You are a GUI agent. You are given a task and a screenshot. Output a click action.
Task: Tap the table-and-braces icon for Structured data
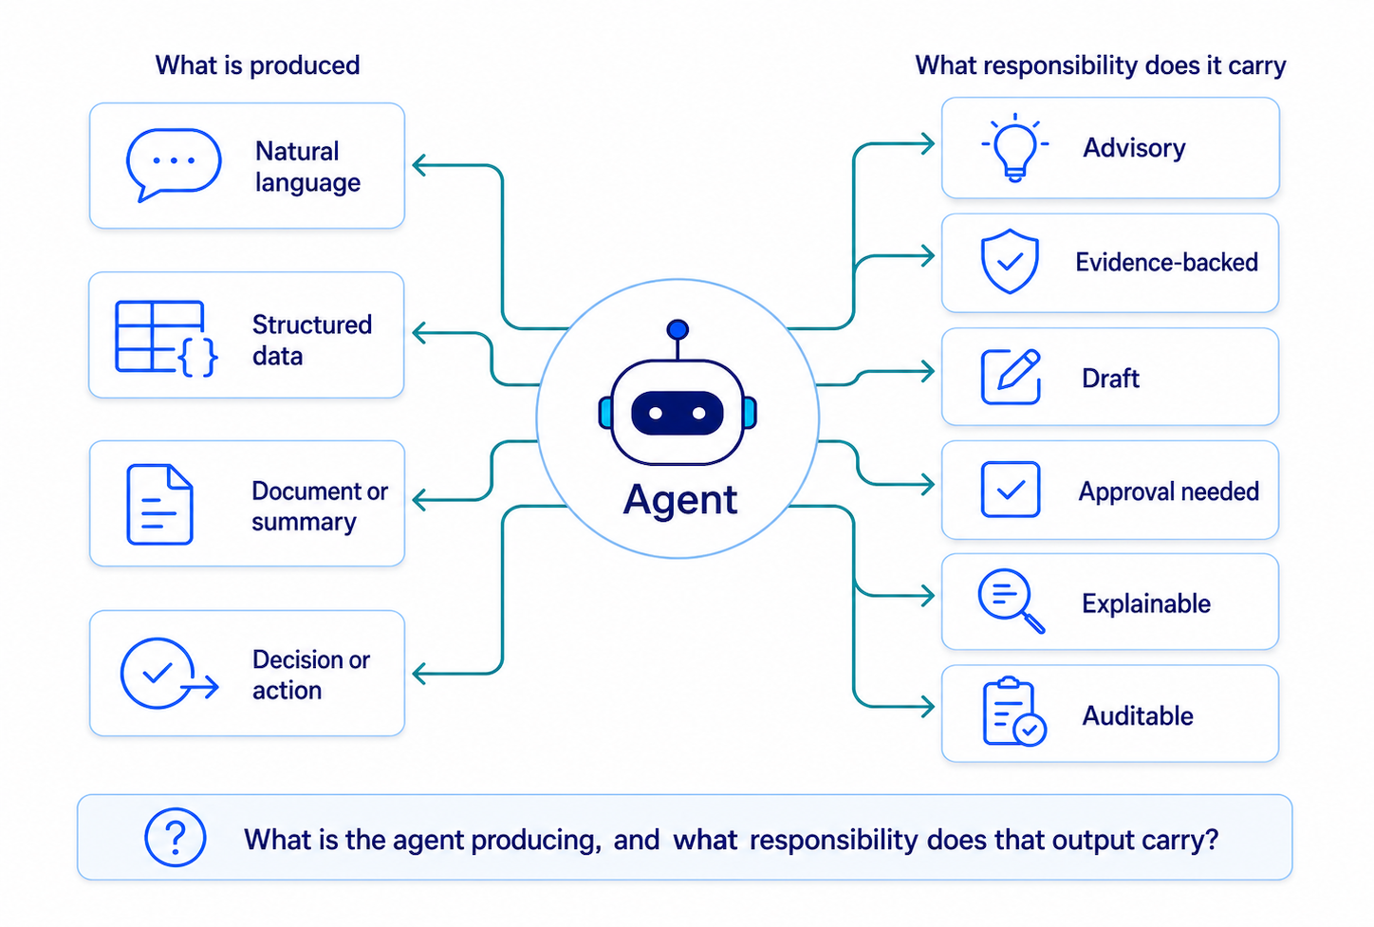click(x=165, y=338)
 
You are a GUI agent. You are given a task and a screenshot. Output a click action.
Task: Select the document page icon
click(x=159, y=504)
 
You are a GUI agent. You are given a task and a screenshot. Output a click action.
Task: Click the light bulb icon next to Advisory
click(x=1014, y=148)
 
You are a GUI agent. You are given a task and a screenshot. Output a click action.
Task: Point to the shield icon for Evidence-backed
click(x=1010, y=261)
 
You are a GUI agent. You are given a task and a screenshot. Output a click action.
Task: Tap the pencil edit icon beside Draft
click(x=1011, y=377)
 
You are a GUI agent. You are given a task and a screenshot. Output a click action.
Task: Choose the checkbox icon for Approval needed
click(x=1011, y=490)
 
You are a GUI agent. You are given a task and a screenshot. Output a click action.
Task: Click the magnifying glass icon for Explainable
click(x=1011, y=601)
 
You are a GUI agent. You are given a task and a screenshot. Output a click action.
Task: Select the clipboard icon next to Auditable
click(x=1014, y=712)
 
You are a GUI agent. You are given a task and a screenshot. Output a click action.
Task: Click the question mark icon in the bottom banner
click(x=176, y=837)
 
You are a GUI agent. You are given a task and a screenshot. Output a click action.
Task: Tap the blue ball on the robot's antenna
click(x=678, y=329)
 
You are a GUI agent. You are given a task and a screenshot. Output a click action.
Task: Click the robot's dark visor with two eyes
click(x=678, y=413)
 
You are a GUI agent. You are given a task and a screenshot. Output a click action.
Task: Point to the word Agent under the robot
click(x=680, y=499)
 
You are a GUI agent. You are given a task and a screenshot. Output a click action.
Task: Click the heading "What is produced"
click(x=258, y=65)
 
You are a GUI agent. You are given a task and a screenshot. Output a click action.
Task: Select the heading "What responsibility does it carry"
click(x=1101, y=65)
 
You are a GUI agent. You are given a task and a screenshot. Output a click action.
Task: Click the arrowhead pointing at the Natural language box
click(x=420, y=165)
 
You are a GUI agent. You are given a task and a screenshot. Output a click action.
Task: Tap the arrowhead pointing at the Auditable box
click(x=927, y=706)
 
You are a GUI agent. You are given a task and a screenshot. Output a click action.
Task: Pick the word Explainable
click(x=1146, y=603)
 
